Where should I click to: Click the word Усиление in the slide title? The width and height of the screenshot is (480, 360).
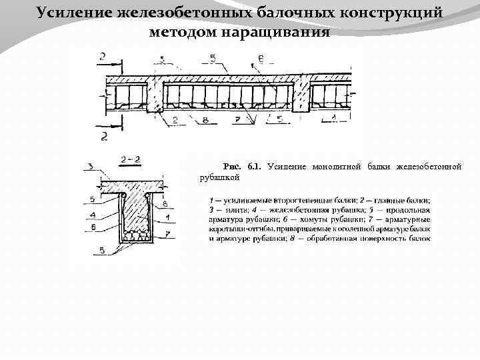[x=75, y=13]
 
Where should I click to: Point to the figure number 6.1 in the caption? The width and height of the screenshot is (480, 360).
[x=254, y=166]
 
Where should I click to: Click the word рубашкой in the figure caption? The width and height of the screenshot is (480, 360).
[x=215, y=177]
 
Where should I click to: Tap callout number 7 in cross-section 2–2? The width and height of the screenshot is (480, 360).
[x=169, y=235]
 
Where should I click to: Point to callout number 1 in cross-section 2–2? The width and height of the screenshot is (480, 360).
[x=167, y=217]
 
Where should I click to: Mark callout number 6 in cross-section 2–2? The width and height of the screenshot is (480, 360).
[x=91, y=227]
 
